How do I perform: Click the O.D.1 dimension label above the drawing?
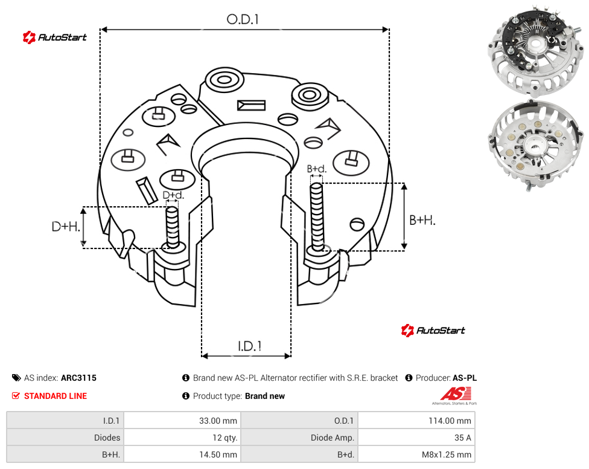coord(243,19)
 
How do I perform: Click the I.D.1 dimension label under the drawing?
coord(249,346)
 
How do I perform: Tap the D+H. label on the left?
coord(66,227)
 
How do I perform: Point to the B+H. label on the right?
coord(422,220)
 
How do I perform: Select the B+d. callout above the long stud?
coord(317,169)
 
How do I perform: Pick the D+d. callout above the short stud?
coord(173,195)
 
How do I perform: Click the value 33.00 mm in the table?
coord(218,421)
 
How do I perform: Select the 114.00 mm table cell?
coord(450,421)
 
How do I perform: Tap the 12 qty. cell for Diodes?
coord(224,438)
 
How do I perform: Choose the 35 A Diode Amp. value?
coord(462,438)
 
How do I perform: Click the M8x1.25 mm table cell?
coord(446,454)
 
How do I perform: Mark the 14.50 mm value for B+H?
coord(218,454)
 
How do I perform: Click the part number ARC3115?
coord(78,378)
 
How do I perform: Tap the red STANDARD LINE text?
coord(56,396)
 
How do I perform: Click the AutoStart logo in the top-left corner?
coord(54,37)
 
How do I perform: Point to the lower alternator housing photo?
coord(536,146)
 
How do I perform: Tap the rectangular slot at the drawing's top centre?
coord(251,105)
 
